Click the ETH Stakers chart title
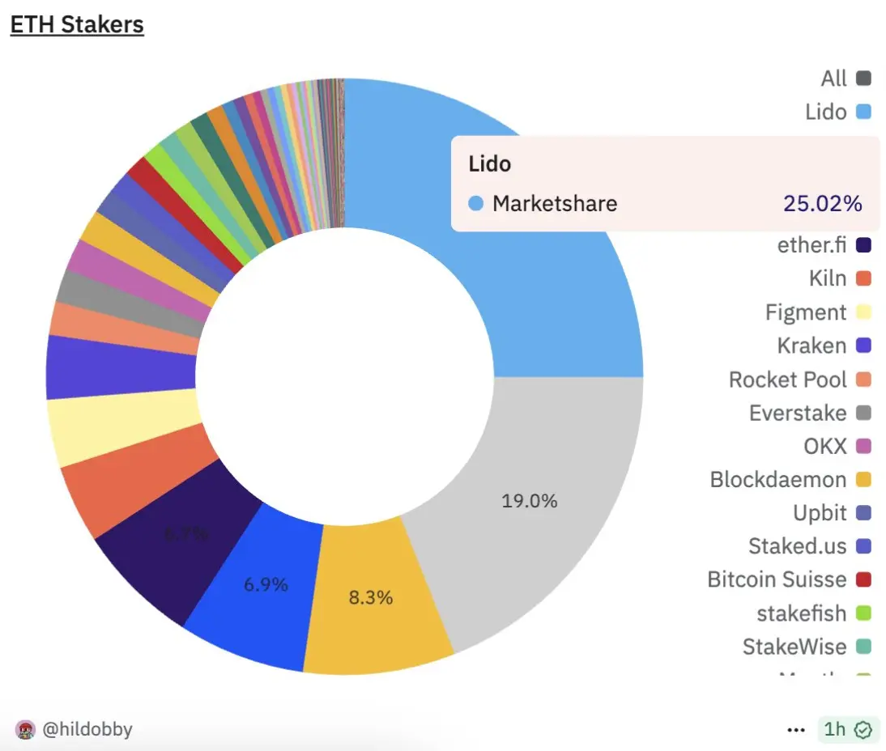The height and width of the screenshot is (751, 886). pos(77,24)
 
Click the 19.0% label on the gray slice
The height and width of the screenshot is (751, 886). pos(530,501)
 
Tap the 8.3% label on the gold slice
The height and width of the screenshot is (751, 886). pos(371,598)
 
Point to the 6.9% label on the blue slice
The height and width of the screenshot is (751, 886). pos(266,584)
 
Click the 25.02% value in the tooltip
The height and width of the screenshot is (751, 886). pos(822,203)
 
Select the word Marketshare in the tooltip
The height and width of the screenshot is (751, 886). pos(555,203)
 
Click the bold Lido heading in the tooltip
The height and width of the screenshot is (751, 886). pos(490,163)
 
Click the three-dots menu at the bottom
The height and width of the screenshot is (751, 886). pos(796,730)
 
